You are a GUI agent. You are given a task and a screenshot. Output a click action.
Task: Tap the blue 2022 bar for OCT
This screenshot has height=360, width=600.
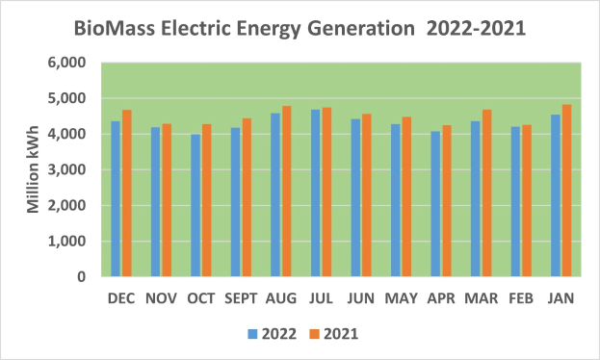click(x=196, y=206)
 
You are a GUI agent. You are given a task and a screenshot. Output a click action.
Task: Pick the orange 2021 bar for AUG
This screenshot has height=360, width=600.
click(x=286, y=192)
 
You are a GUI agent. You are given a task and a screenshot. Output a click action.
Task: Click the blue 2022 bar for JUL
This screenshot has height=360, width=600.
click(x=315, y=193)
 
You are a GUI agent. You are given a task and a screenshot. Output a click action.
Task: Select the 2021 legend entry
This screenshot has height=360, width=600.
click(x=335, y=334)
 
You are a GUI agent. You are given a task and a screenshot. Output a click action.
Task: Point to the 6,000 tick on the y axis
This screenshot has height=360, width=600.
click(x=66, y=63)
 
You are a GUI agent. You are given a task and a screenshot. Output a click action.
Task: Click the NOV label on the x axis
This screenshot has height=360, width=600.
click(x=162, y=299)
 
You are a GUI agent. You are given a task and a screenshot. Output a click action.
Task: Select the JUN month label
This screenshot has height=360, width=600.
click(x=360, y=299)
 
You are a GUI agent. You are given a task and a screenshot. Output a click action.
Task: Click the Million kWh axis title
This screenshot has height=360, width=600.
click(x=32, y=169)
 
